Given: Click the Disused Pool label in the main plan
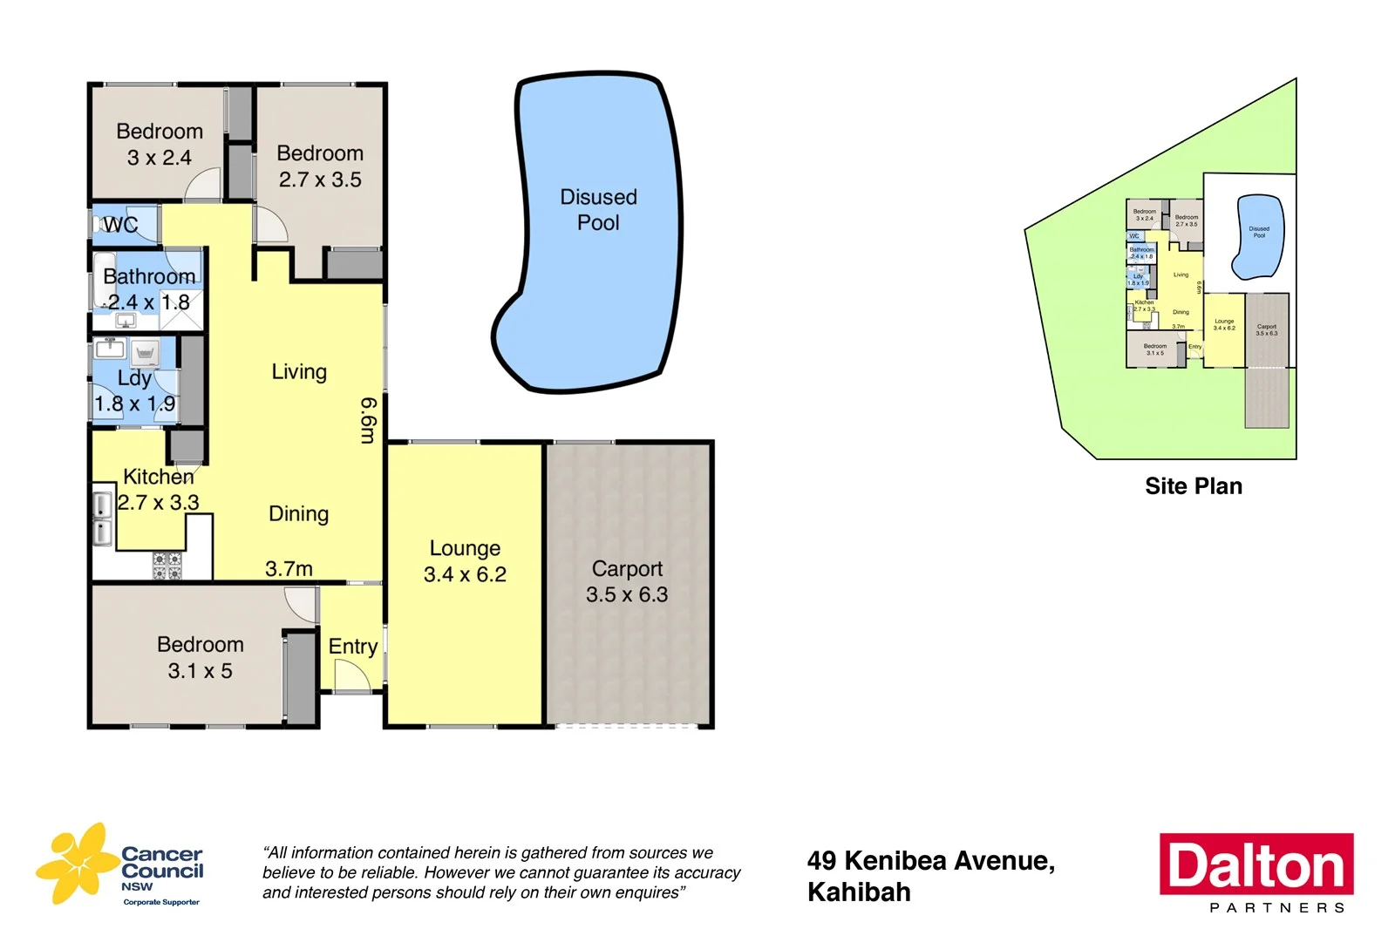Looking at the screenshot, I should [598, 210].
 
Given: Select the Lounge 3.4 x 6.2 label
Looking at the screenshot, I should [465, 561].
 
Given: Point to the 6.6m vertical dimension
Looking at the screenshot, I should [369, 420].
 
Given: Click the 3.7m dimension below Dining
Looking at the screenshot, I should [289, 569].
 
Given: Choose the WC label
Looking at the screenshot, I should [120, 225].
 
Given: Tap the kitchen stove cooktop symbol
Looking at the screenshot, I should [167, 566].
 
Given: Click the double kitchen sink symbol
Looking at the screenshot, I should [103, 519].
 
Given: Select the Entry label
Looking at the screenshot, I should [352, 647].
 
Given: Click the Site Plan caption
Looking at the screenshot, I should [1193, 486].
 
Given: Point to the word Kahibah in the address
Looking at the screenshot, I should [859, 892].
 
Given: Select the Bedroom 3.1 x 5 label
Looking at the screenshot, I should [200, 658].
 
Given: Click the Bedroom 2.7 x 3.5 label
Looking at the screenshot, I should [320, 166].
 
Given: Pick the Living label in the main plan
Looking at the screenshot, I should [299, 372].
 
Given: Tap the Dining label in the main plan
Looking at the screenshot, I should [298, 514].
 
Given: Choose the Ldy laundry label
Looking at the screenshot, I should [134, 378].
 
